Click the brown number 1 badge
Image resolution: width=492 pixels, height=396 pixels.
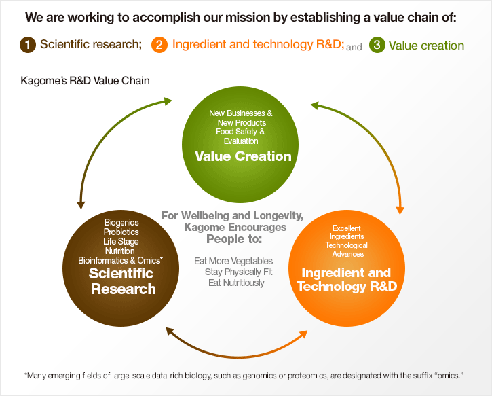click(28, 45)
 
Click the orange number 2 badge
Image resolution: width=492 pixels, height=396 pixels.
click(159, 45)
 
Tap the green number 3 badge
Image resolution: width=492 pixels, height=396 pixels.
click(377, 45)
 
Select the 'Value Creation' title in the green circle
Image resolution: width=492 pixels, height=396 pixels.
click(243, 156)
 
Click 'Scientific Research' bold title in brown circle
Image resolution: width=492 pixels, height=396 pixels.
click(122, 281)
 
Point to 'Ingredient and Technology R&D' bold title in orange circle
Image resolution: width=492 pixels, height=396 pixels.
click(347, 279)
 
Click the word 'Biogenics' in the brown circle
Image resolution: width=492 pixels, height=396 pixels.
click(121, 222)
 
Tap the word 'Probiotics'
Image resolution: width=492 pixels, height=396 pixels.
click(121, 232)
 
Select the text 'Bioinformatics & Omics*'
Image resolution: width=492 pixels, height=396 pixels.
click(121, 260)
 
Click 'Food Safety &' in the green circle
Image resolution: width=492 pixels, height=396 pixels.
click(240, 132)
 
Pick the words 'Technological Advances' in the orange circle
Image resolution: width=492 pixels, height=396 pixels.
click(347, 250)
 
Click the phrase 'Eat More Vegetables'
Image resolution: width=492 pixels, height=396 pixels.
click(233, 261)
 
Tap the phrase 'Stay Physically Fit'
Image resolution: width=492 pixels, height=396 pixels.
click(238, 272)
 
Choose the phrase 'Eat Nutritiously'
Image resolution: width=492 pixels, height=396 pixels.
click(236, 283)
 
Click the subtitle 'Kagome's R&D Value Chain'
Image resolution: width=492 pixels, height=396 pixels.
click(85, 81)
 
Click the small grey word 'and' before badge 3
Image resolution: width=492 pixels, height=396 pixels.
click(354, 47)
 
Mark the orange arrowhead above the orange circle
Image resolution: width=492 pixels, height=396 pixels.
click(400, 211)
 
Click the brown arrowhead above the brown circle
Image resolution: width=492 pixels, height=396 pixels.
click(81, 205)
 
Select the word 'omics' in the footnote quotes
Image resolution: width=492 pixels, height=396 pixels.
click(449, 376)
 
